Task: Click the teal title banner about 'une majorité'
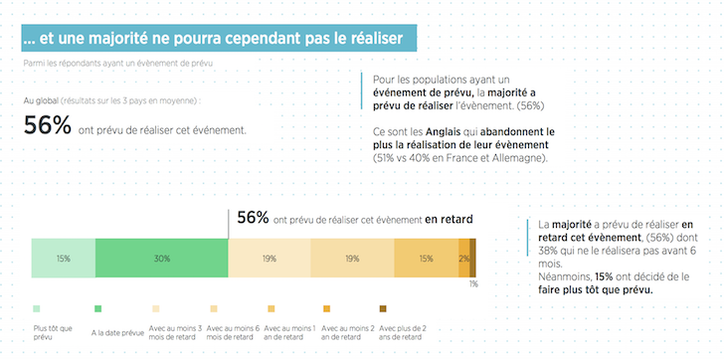(x=218, y=38)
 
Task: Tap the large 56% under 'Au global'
(x=48, y=126)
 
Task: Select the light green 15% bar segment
(x=64, y=258)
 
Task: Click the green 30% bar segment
(x=161, y=258)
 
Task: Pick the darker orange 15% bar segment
(x=425, y=258)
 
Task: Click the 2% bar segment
(x=463, y=258)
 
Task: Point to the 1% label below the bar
(x=473, y=283)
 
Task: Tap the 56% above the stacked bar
(x=253, y=219)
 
